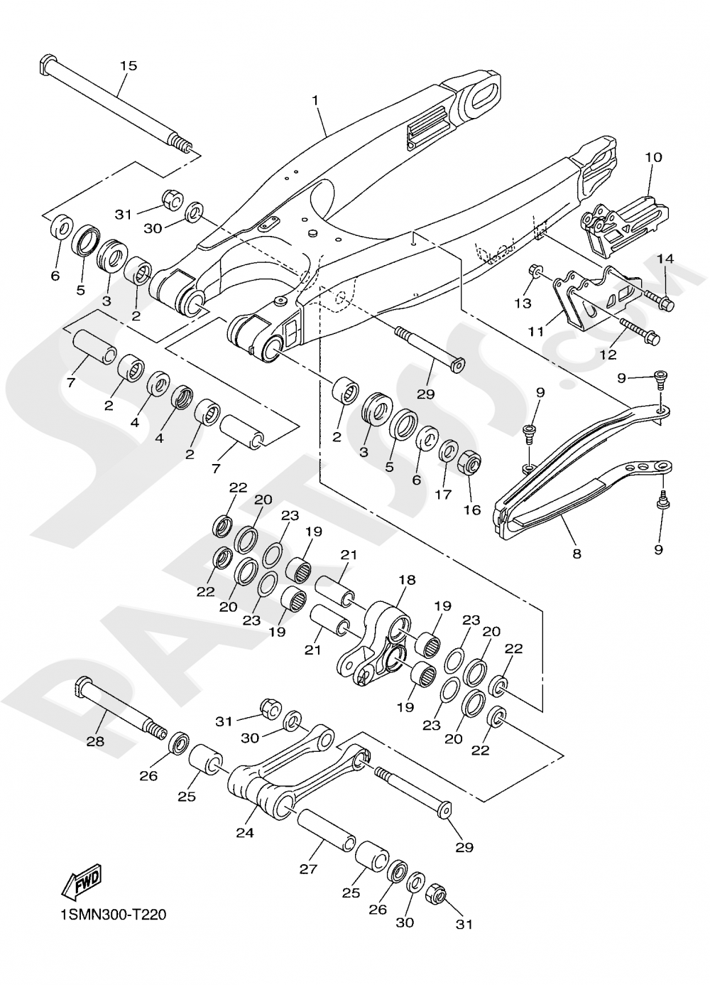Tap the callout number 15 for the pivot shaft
point(129,66)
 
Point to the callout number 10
point(653,157)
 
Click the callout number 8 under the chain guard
point(577,554)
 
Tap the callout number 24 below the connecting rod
point(244,832)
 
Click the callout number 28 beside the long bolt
point(95,741)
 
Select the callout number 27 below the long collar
point(308,868)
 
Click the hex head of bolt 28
point(80,687)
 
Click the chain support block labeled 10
point(625,217)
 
